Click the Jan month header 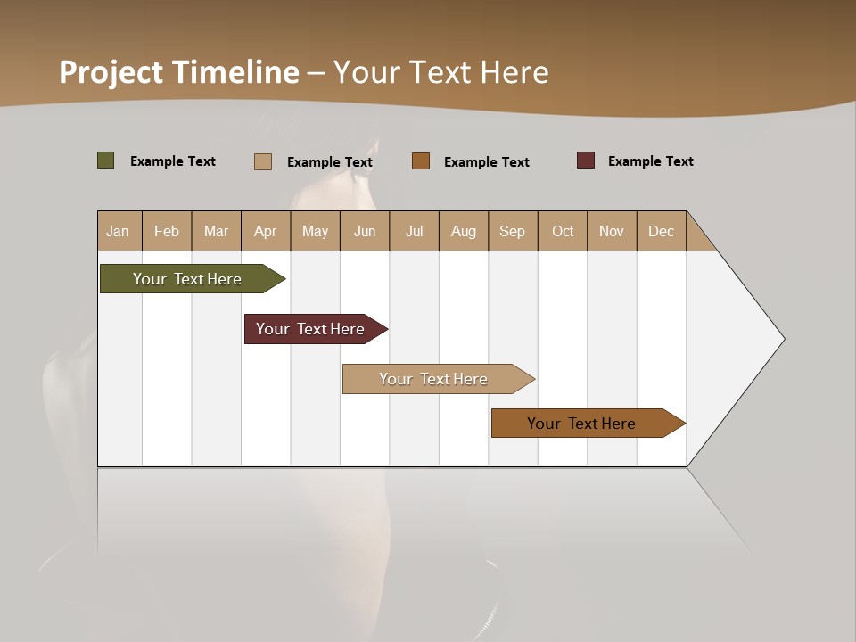[x=119, y=231]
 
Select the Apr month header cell [x=266, y=231]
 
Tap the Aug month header [x=464, y=231]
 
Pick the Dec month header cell [x=661, y=231]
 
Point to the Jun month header [x=365, y=231]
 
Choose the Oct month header [x=563, y=231]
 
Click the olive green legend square [x=106, y=160]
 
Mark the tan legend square [x=263, y=161]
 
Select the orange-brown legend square [x=421, y=160]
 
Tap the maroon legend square [x=586, y=160]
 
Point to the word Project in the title [x=111, y=71]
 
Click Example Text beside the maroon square [x=650, y=161]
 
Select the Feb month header [x=167, y=231]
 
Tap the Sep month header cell [x=513, y=231]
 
